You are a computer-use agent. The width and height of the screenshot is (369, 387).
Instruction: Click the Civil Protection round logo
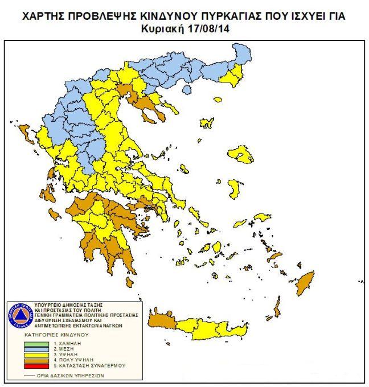[x=20, y=315]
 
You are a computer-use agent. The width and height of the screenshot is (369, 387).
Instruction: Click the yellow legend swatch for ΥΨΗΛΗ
[x=36, y=355]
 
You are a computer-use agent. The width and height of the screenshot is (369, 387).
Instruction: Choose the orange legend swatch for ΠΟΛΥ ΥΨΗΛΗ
[x=36, y=360]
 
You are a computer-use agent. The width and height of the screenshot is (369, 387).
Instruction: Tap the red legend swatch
[x=36, y=365]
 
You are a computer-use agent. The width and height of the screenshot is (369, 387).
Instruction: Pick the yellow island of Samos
[x=260, y=217]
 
